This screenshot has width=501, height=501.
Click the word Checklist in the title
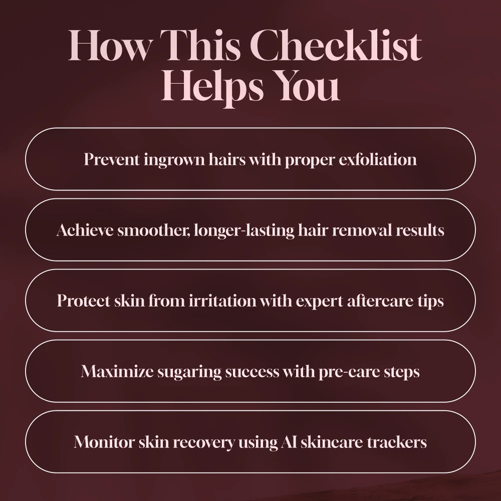[336, 45]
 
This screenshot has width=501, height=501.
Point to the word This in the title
[199, 45]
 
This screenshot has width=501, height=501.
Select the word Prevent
[112, 159]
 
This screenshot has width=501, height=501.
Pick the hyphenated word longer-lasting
[244, 230]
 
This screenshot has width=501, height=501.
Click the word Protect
[84, 301]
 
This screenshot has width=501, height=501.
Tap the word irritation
[222, 301]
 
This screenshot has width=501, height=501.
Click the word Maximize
[117, 371]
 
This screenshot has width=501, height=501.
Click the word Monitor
[104, 442]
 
